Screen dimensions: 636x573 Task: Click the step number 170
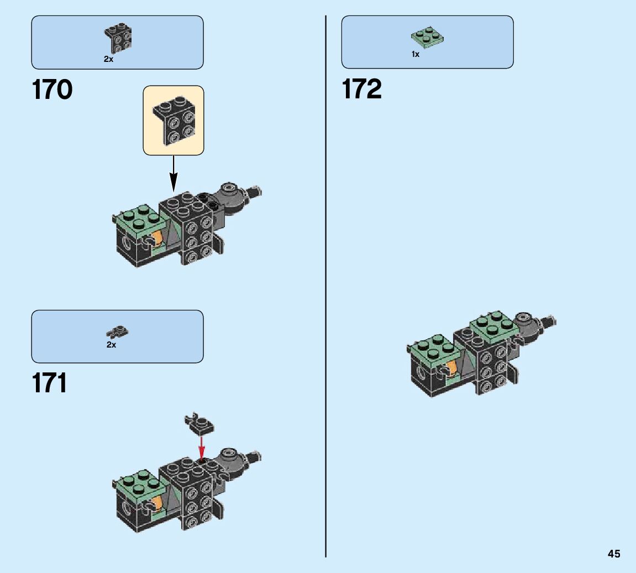[52, 90]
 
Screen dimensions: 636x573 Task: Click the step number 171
[50, 382]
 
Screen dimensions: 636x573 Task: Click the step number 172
[362, 90]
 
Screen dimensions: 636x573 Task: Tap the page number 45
[613, 554]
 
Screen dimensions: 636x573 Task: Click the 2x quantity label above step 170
[108, 59]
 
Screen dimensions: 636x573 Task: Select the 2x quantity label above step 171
[111, 345]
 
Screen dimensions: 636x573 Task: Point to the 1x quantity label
[416, 54]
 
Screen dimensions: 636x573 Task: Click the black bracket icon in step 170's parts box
[118, 38]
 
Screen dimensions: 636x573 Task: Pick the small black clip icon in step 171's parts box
[118, 332]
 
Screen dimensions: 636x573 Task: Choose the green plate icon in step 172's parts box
[427, 38]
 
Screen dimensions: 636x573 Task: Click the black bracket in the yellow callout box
[174, 120]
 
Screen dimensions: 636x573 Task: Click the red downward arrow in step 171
[202, 446]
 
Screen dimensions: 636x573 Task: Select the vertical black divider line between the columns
[326, 287]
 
